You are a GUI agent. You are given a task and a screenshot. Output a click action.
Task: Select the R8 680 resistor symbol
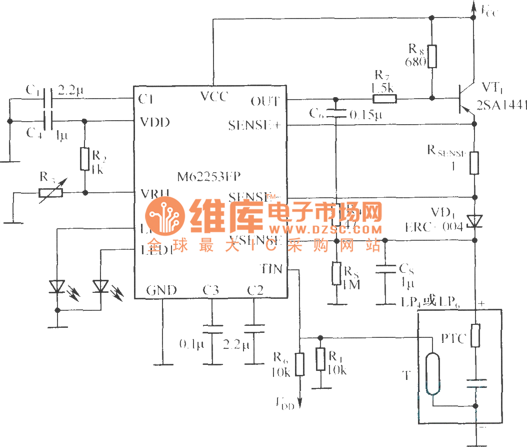tap(432, 57)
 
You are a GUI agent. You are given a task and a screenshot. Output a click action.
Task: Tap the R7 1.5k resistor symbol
tap(384, 99)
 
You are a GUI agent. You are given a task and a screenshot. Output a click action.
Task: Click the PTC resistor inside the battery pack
tap(476, 335)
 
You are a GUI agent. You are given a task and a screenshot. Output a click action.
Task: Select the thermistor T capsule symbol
tap(432, 374)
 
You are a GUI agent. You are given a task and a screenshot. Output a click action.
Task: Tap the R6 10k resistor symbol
tap(299, 364)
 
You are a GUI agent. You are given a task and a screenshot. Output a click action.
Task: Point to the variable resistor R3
tap(51, 192)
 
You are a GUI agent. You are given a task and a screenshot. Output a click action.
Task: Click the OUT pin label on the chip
tap(264, 101)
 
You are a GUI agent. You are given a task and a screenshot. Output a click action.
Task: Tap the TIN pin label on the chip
tap(271, 269)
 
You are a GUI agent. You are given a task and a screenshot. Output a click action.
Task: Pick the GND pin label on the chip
tap(161, 290)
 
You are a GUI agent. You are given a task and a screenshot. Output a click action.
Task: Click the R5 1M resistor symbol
tap(336, 274)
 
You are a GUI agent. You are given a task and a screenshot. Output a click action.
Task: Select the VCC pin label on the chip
tap(213, 96)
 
